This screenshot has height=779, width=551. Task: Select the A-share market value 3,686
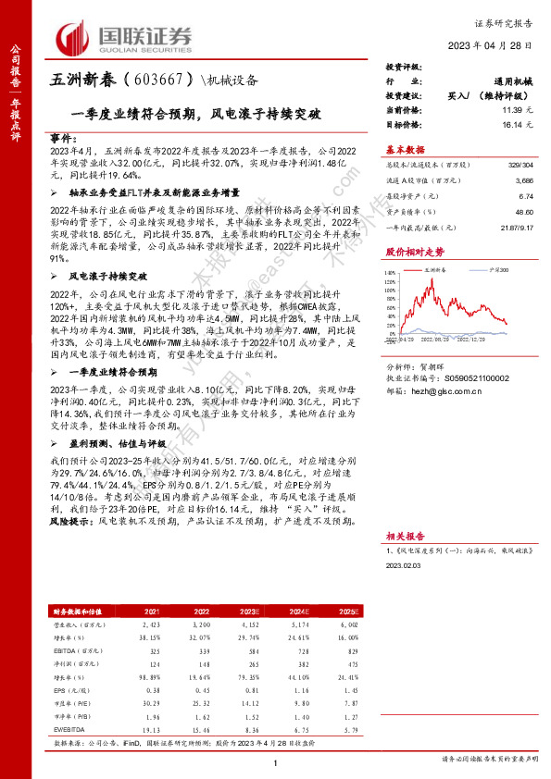520,182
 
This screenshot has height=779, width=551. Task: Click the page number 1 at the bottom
276,761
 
